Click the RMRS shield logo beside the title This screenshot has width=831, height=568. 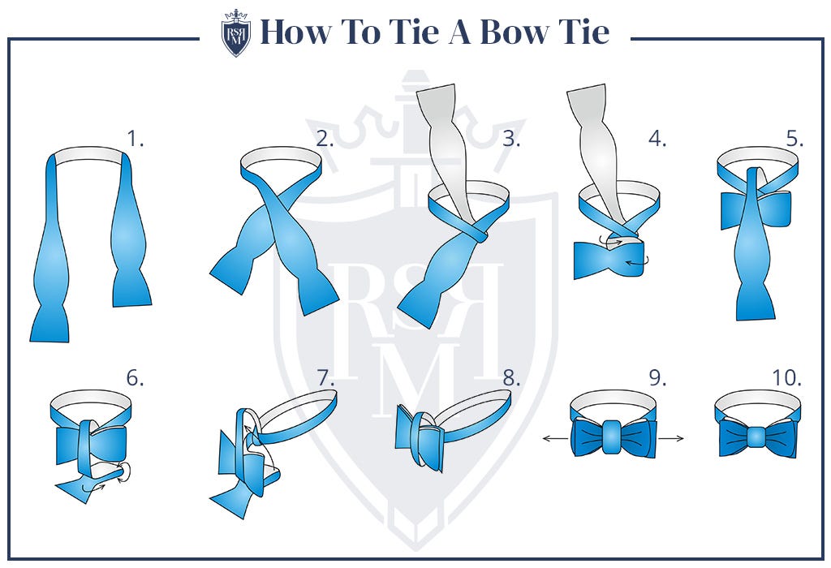pos(236,33)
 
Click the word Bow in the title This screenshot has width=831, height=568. pos(519,32)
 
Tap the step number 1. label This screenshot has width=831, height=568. pos(136,139)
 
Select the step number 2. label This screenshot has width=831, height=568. pos(325,139)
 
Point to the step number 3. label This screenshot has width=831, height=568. pos(511,139)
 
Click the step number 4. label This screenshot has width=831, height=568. pos(657,139)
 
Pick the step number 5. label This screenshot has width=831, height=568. pos(794,139)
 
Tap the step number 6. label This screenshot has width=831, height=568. pos(135,378)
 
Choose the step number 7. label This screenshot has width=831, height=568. pos(325,378)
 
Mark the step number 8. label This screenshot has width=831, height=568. pos(511,378)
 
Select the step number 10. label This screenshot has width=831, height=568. pos(786,378)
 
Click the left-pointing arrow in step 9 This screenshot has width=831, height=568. pos(554,438)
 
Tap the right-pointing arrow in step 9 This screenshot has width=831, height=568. pos(672,438)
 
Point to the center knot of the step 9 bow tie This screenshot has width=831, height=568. pos(614,437)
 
